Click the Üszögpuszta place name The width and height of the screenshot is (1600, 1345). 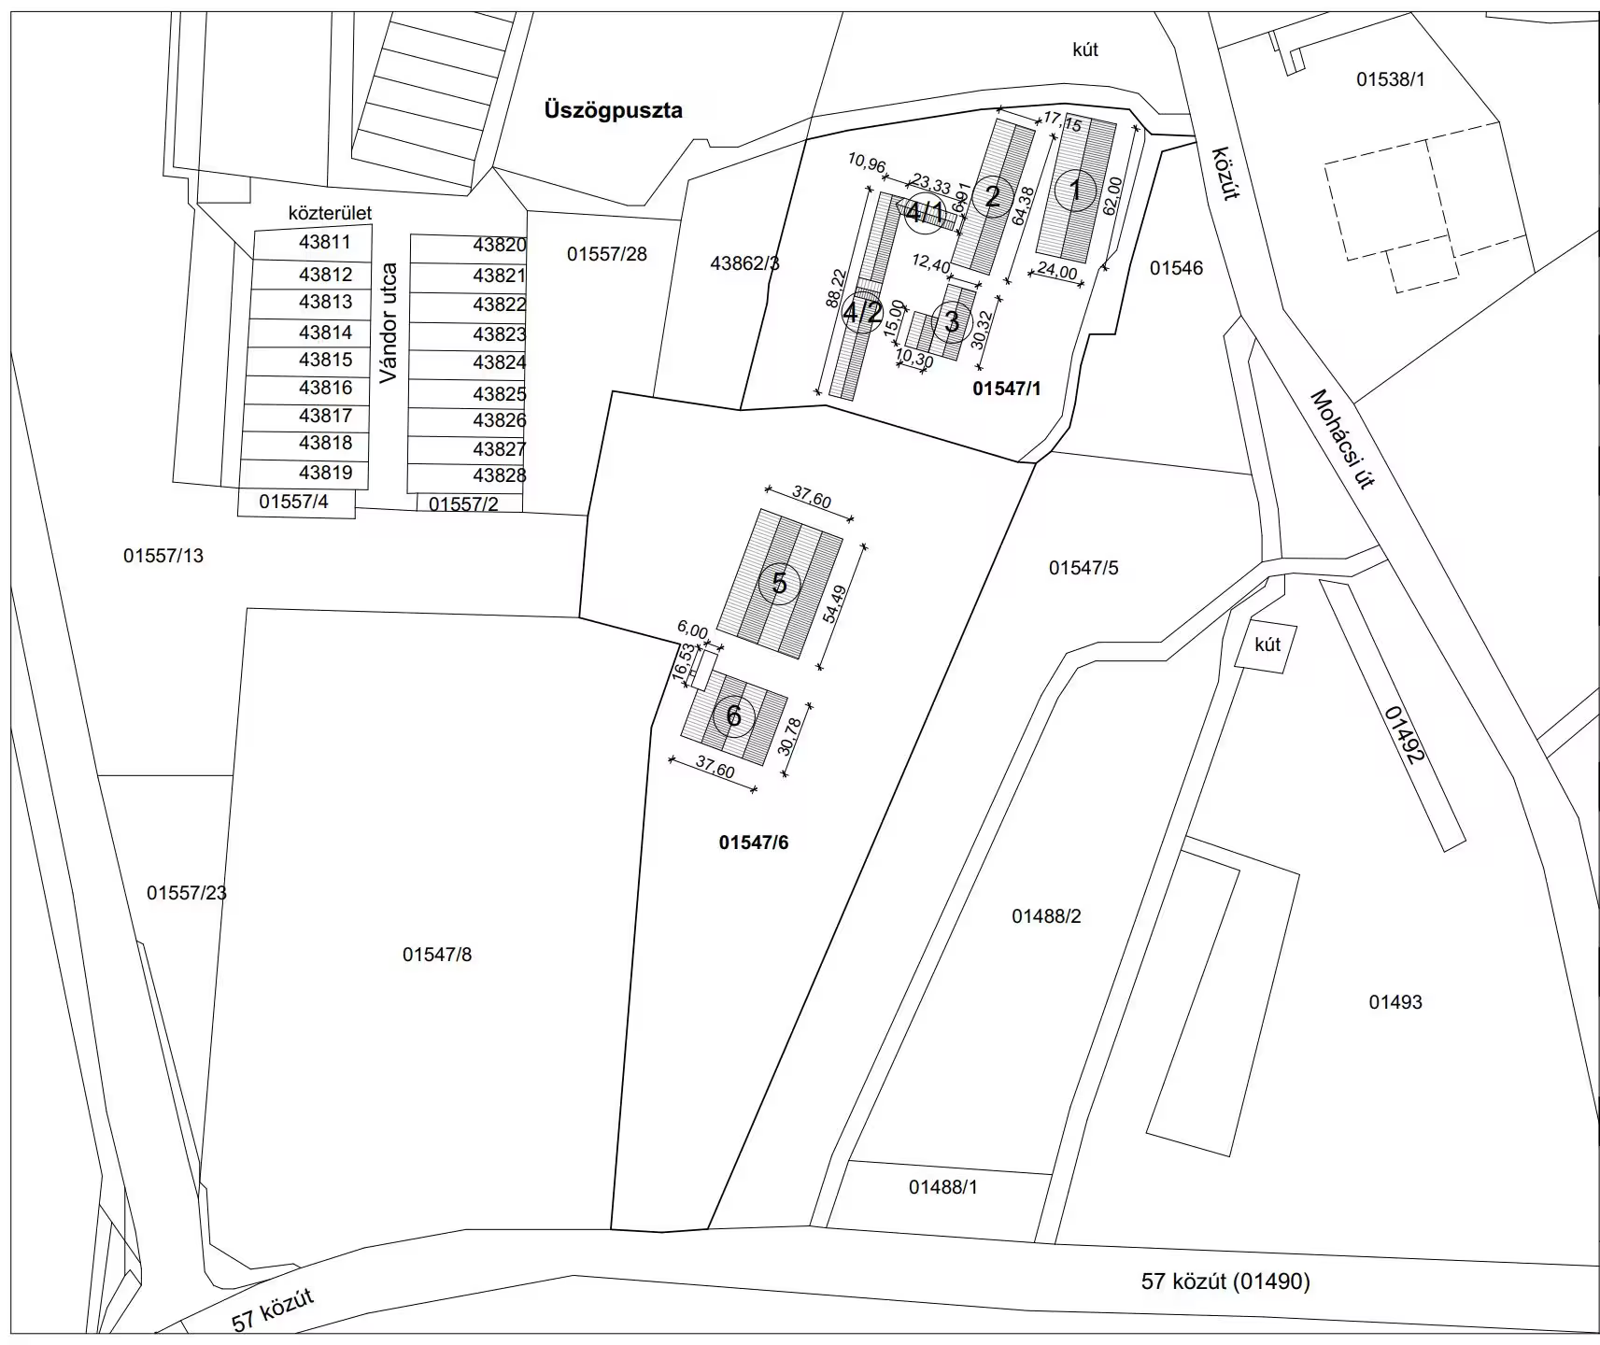pos(613,110)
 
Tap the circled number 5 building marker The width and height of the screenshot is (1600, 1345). pos(779,584)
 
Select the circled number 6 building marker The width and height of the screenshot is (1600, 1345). pos(733,715)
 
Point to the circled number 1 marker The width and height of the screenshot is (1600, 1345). pos(1075,191)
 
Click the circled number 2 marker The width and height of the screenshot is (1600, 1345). pos(992,196)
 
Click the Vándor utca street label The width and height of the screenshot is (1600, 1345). pos(389,322)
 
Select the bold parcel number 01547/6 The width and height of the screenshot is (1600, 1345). pos(754,842)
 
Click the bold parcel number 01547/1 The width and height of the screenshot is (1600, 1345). pos(1006,389)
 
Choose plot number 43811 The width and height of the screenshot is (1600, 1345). pos(325,243)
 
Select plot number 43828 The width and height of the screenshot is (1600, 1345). pos(500,475)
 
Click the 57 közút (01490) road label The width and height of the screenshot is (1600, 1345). pos(1225,1281)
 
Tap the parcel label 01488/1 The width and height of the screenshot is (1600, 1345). pos(943,1187)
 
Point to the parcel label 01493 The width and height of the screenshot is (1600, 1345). pos(1395,1002)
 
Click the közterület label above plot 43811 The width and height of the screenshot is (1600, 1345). pos(330,213)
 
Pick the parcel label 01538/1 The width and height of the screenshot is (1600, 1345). pos(1391,79)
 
